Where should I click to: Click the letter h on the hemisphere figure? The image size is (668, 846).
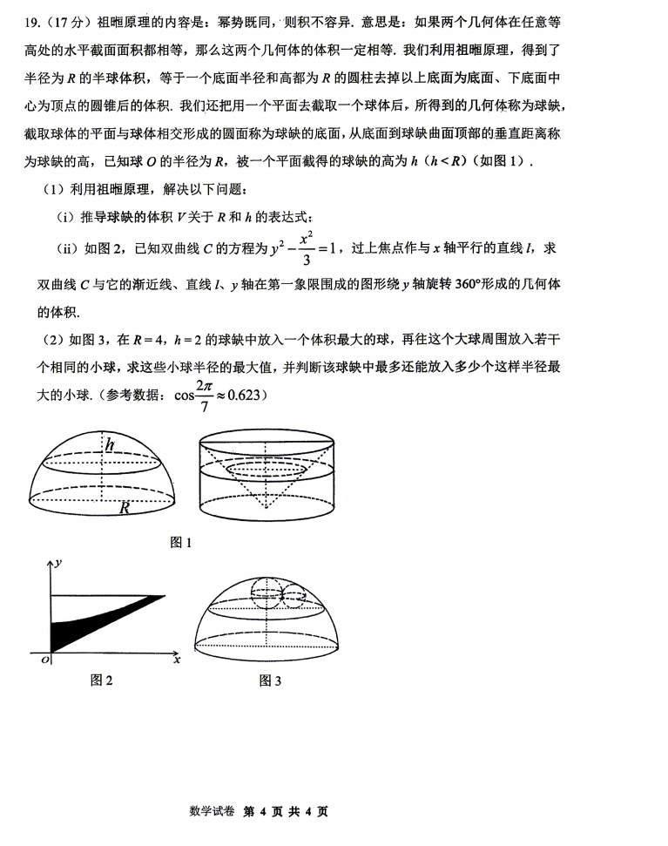pyautogui.click(x=110, y=444)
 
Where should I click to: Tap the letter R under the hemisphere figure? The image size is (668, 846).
pyautogui.click(x=125, y=507)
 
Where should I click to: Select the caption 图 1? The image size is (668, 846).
pyautogui.click(x=180, y=543)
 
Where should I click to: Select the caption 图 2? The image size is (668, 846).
pyautogui.click(x=102, y=680)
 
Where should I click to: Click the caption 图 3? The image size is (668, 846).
pyautogui.click(x=270, y=680)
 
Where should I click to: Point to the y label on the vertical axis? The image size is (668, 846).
pyautogui.click(x=57, y=564)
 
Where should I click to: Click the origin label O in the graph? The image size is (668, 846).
pyautogui.click(x=44, y=661)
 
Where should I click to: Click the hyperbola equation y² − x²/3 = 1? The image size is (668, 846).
pyautogui.click(x=296, y=249)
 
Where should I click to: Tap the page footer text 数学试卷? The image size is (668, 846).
pyautogui.click(x=212, y=811)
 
